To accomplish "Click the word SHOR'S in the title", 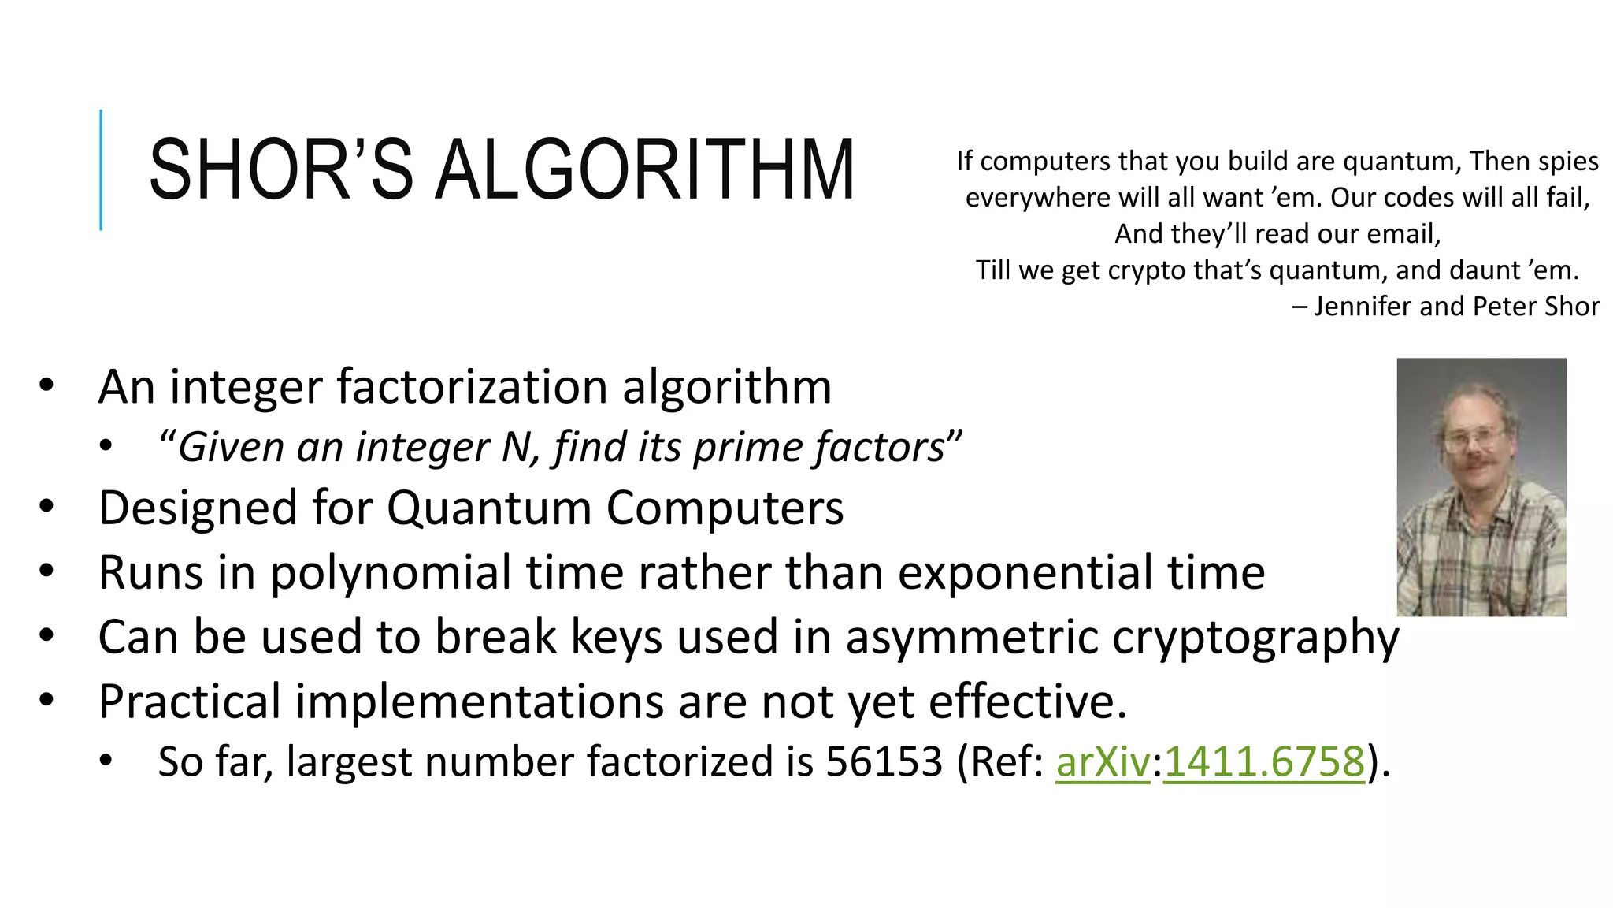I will click(280, 169).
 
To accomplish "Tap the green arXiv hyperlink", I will click(1103, 761).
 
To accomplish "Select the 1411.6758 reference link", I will click(1264, 761).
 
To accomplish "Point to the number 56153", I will click(884, 761).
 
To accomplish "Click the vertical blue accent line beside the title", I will click(101, 169).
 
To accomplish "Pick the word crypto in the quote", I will click(1147, 270).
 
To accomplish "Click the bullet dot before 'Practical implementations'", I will click(46, 699).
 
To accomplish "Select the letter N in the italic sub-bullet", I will click(517, 447).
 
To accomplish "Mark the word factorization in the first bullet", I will click(472, 387).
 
